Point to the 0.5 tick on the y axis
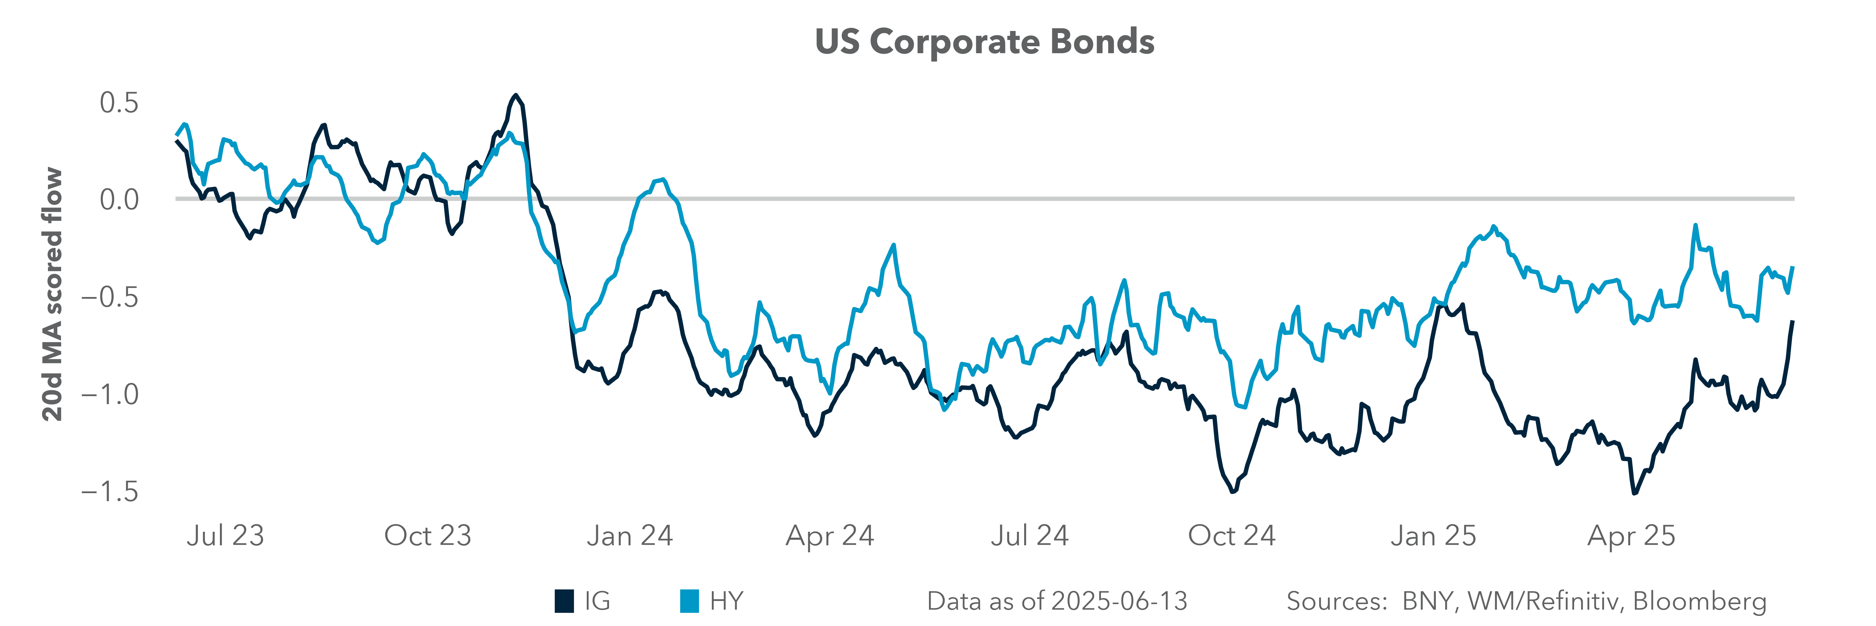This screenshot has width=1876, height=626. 119,103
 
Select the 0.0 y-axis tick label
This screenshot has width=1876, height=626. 119,199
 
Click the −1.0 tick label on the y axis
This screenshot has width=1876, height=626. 109,394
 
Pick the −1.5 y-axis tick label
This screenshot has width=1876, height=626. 109,492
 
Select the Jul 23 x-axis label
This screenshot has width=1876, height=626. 225,536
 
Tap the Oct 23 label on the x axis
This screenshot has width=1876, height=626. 428,536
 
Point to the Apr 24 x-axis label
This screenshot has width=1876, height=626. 830,536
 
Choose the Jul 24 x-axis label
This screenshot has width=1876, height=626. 1029,536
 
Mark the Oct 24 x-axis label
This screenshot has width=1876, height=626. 1232,536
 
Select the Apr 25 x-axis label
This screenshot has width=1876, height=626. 1631,536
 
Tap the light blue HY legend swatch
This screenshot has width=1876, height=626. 689,601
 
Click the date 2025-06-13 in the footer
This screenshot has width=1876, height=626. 1119,601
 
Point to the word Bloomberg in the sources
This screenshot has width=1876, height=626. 1699,601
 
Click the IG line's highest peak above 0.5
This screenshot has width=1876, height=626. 516,96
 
